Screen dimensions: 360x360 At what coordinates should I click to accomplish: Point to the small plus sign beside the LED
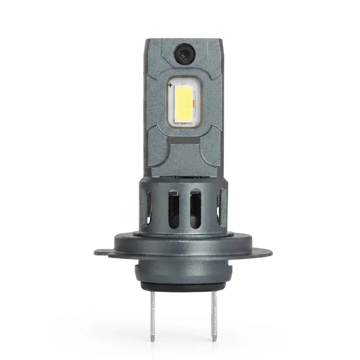[171, 85]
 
